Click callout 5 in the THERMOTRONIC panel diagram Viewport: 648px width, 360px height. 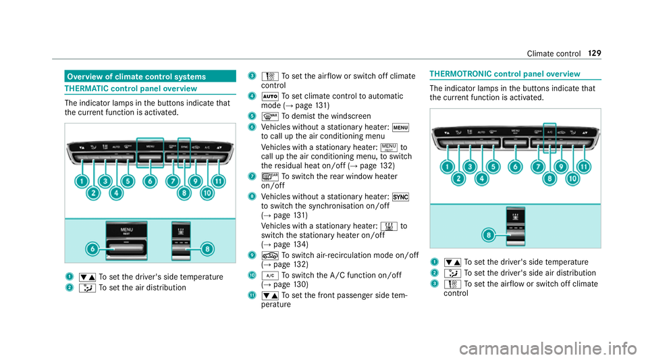(x=492, y=166)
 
